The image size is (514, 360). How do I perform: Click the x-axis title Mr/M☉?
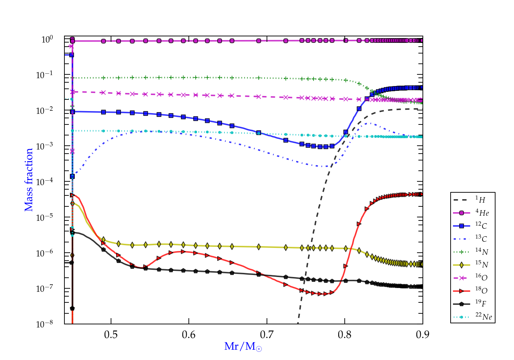tap(243, 347)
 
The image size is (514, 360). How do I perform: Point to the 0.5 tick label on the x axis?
tap(111, 334)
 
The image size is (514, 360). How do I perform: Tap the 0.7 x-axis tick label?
tap(267, 334)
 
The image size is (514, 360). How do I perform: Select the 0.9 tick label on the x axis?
tap(423, 334)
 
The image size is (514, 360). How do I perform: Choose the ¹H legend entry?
tap(480, 200)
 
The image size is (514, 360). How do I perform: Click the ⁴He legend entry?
tap(482, 213)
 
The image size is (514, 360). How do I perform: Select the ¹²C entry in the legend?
tap(481, 226)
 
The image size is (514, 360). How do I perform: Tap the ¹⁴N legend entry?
tap(481, 252)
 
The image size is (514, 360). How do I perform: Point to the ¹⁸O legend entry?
tap(481, 291)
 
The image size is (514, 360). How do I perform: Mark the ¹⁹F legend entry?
tap(481, 303)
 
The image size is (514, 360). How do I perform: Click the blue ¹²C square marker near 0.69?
tap(259, 133)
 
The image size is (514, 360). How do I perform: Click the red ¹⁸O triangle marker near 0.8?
tap(345, 266)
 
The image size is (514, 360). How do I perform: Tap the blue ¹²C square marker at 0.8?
tap(346, 132)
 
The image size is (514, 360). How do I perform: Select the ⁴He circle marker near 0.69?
tap(259, 41)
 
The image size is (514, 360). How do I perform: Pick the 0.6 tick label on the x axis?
tap(189, 334)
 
